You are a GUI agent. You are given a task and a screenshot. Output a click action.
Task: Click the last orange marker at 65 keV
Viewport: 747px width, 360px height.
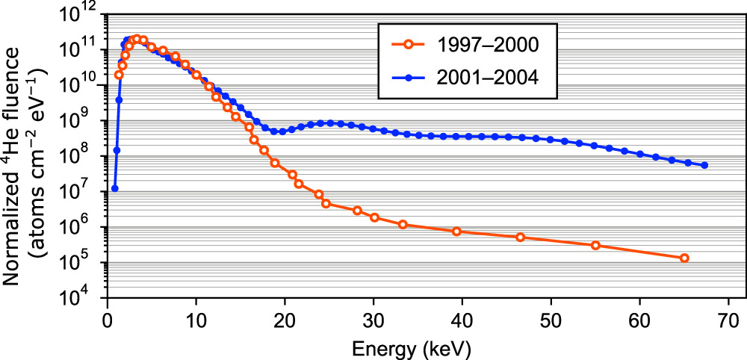[684, 258]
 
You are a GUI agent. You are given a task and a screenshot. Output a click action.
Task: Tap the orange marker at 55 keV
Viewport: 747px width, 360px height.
[595, 245]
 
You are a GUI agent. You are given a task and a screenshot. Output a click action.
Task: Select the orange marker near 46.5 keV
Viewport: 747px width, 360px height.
[521, 238]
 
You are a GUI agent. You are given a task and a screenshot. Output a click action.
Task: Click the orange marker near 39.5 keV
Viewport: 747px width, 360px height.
[457, 232]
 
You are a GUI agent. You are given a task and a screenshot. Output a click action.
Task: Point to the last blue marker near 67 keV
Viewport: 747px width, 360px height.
[704, 165]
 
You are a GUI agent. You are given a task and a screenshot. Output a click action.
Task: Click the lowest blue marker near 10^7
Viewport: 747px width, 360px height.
[114, 188]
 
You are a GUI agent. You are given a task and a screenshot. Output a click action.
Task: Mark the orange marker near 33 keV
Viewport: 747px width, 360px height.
[403, 224]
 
